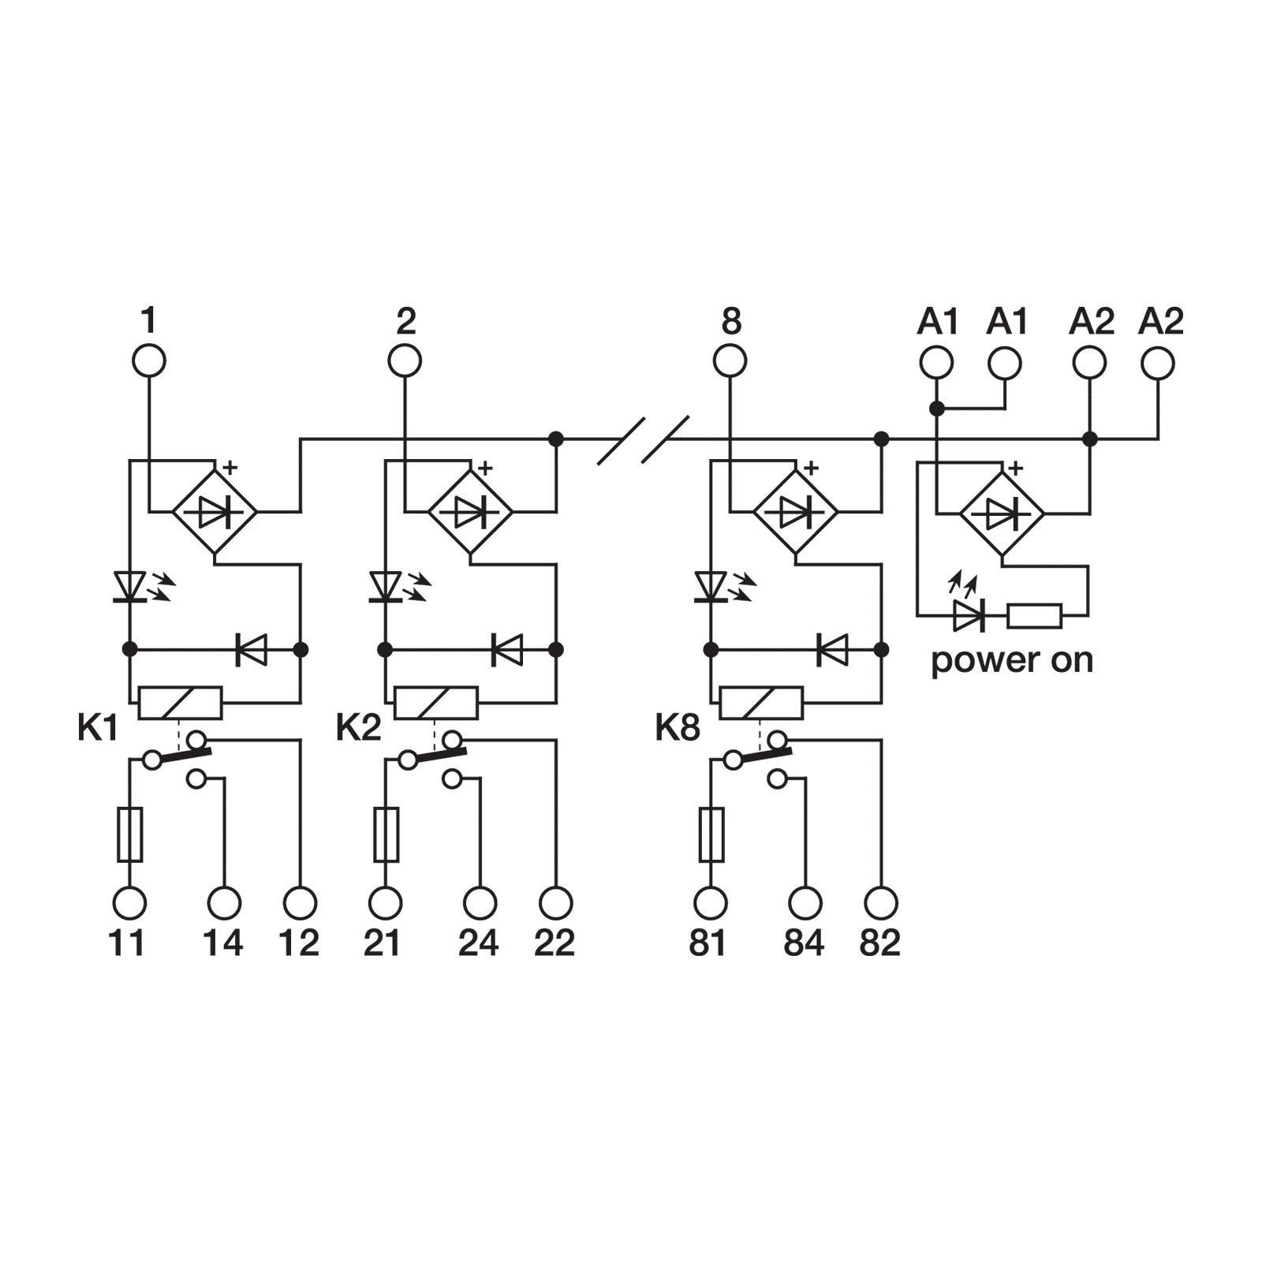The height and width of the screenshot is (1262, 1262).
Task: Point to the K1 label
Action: pyautogui.click(x=98, y=728)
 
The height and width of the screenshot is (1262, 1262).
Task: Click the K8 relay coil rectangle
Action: pyautogui.click(x=761, y=703)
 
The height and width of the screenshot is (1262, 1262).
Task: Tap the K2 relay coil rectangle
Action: pyautogui.click(x=435, y=703)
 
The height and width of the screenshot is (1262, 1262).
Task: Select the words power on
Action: pyautogui.click(x=1012, y=660)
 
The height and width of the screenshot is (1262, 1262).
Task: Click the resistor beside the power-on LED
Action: pyautogui.click(x=1035, y=616)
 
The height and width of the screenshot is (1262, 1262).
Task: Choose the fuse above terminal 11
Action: pyautogui.click(x=129, y=834)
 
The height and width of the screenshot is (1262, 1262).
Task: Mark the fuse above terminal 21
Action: pyautogui.click(x=386, y=834)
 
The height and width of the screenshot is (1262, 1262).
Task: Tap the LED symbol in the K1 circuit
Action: pyautogui.click(x=129, y=587)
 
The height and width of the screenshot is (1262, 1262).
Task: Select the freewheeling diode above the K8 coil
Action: pyautogui.click(x=831, y=650)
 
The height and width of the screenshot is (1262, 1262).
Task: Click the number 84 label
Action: pyautogui.click(x=804, y=943)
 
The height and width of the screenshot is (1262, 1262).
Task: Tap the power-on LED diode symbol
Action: pyautogui.click(x=968, y=616)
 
